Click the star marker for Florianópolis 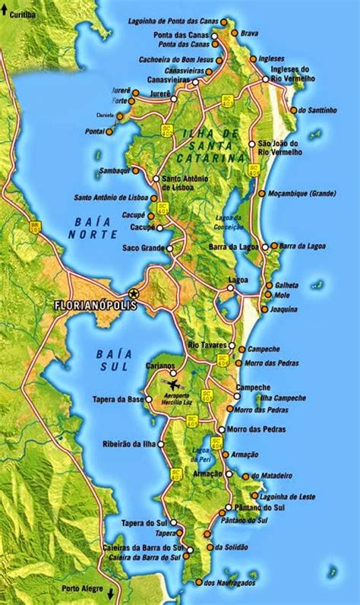click(134, 293)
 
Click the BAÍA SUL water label click(115, 360)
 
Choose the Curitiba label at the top click(24, 14)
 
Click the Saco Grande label click(142, 248)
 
